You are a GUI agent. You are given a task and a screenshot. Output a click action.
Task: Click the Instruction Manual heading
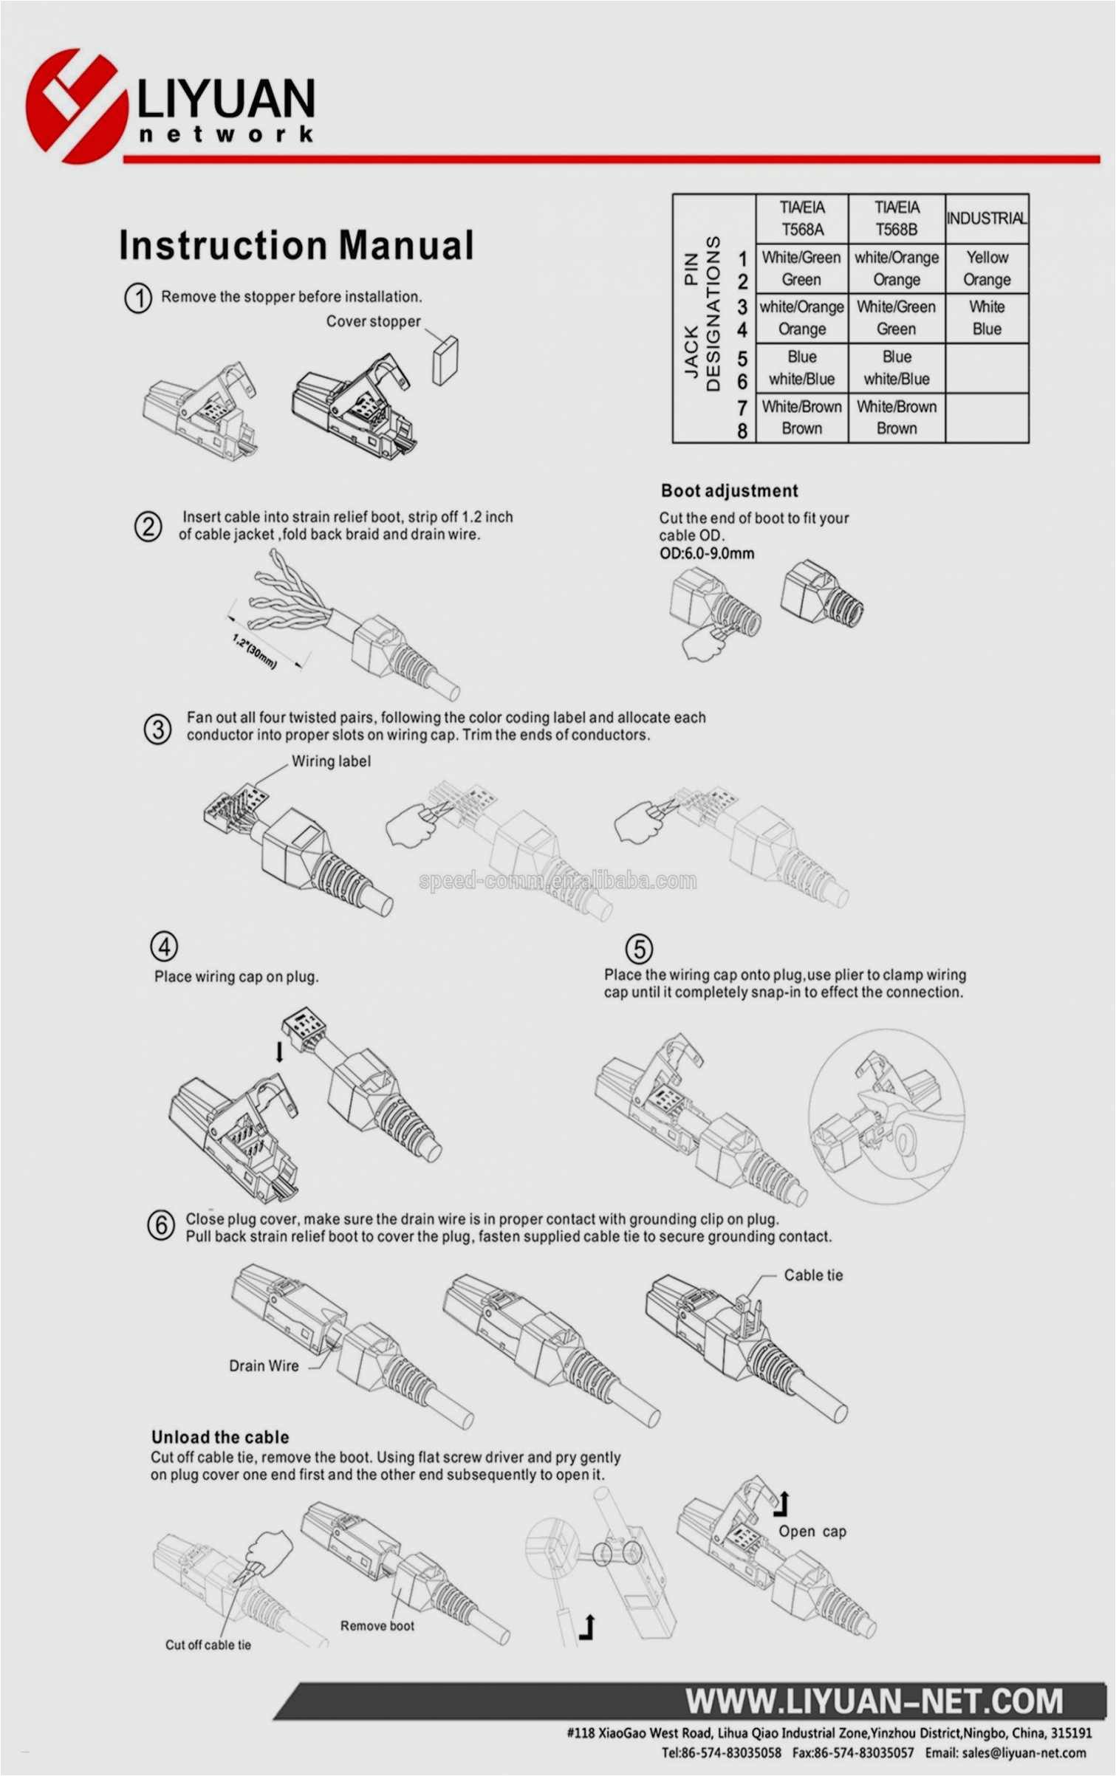(x=295, y=245)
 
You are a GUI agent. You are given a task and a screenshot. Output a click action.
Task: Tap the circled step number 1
(x=138, y=298)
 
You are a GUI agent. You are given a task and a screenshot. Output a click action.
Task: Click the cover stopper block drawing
(x=445, y=360)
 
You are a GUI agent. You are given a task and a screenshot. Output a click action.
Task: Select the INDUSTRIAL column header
(x=986, y=219)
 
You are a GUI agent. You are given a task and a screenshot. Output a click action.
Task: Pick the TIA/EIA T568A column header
(x=802, y=219)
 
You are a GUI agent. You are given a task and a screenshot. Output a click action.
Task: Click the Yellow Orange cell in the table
(x=987, y=268)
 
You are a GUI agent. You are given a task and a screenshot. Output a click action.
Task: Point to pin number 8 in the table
(x=742, y=431)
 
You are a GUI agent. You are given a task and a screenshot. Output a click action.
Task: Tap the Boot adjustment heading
(x=729, y=491)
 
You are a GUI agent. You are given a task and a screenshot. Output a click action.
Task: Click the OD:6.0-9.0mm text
(x=706, y=553)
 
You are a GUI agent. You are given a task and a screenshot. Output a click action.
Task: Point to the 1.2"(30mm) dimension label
(x=254, y=651)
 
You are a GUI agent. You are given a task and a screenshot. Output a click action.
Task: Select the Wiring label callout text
(x=331, y=761)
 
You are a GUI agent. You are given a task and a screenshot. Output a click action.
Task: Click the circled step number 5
(x=639, y=949)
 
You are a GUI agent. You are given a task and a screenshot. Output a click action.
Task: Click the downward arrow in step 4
(x=279, y=1052)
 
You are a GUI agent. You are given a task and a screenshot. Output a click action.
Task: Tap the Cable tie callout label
(x=812, y=1275)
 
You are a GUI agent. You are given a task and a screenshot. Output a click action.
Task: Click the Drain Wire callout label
(x=264, y=1366)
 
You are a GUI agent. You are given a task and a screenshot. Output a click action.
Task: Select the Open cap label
(x=812, y=1532)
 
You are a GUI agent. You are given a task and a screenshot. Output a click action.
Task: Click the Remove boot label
(x=377, y=1626)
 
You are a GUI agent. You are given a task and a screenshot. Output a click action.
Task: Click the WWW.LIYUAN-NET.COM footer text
(x=874, y=1701)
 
